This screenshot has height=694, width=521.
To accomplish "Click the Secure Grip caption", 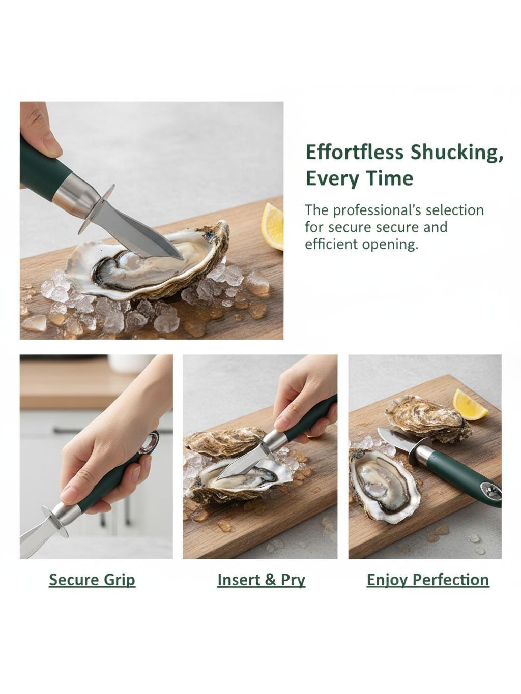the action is click(x=92, y=580).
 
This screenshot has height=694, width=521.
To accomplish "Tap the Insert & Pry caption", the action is click(x=262, y=580).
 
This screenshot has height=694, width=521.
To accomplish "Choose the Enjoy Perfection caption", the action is click(x=428, y=580).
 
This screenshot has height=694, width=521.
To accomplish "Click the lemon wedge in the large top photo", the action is click(x=272, y=227).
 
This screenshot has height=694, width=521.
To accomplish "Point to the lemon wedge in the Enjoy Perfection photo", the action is click(x=470, y=405).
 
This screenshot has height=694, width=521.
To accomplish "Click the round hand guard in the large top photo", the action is click(x=96, y=209).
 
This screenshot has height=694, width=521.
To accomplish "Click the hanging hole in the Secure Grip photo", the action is click(x=149, y=442).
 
